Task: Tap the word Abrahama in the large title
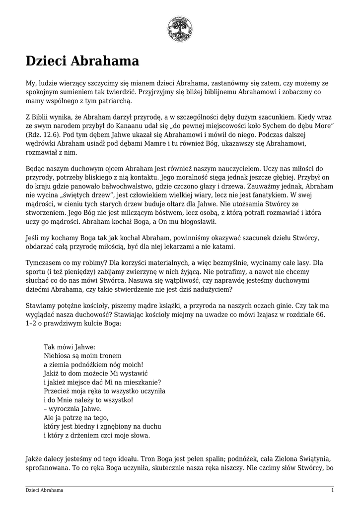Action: click(x=105, y=62)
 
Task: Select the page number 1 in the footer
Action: click(x=332, y=490)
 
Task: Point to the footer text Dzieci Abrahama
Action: click(x=45, y=490)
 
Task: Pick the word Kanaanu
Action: click(x=133, y=127)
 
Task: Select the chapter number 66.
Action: click(x=322, y=315)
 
